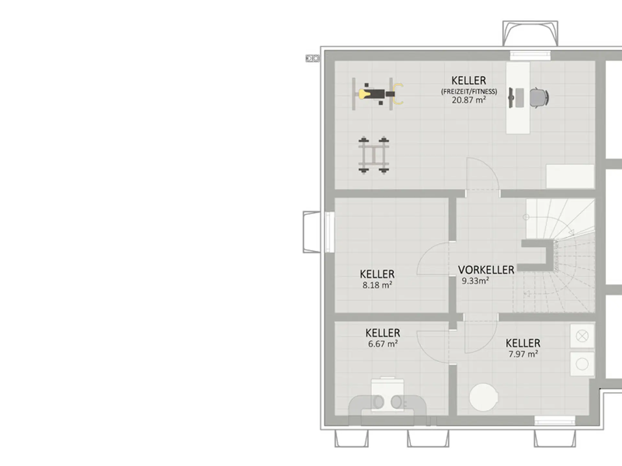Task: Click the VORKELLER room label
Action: pyautogui.click(x=486, y=270)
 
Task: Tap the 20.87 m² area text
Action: pyautogui.click(x=469, y=100)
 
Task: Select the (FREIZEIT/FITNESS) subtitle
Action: pyautogui.click(x=469, y=92)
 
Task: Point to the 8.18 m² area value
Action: pyautogui.click(x=377, y=285)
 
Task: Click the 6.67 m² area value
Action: pyautogui.click(x=383, y=344)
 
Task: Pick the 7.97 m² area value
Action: pyautogui.click(x=523, y=354)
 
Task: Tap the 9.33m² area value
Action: pyautogui.click(x=475, y=281)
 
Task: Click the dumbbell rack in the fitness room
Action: pyautogui.click(x=374, y=155)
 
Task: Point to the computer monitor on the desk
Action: pyautogui.click(x=511, y=97)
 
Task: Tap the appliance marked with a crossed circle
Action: pyautogui.click(x=582, y=336)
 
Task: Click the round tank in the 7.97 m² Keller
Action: pyautogui.click(x=484, y=397)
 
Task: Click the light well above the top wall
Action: pyautogui.click(x=530, y=34)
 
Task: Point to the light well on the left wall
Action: pyautogui.click(x=312, y=232)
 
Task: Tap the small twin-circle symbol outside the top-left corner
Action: pyautogui.click(x=313, y=58)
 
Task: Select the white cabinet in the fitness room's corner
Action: pyautogui.click(x=570, y=176)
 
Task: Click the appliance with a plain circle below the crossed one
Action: pyautogui.click(x=582, y=364)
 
